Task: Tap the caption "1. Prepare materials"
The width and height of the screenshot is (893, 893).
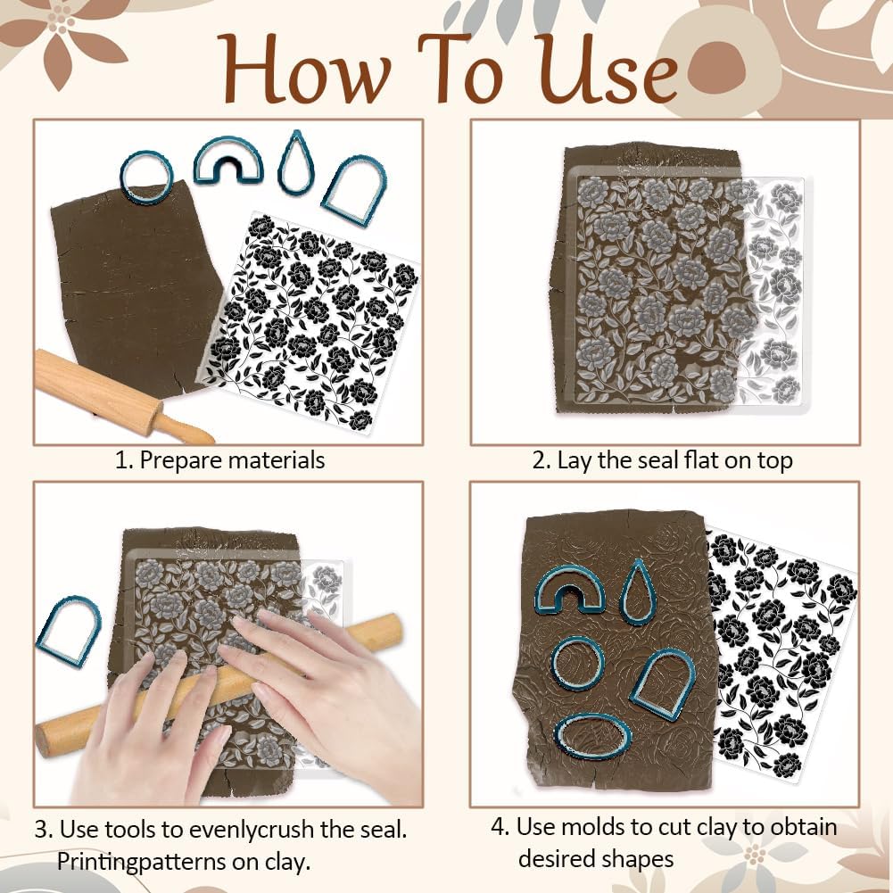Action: (219, 460)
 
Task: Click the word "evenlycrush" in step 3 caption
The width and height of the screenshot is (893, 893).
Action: (252, 830)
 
